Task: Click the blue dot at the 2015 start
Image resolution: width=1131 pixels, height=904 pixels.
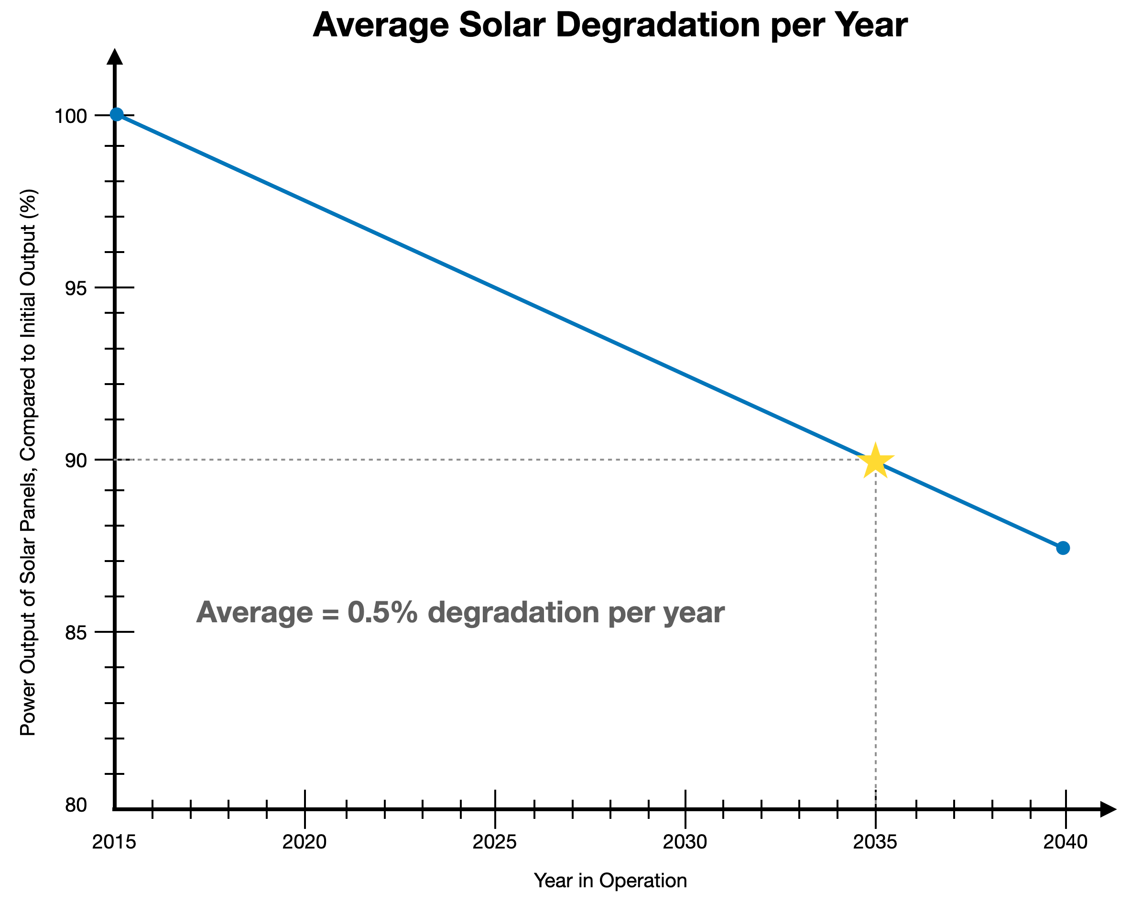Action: tap(117, 114)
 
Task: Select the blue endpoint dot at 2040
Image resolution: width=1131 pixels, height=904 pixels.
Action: tap(1063, 548)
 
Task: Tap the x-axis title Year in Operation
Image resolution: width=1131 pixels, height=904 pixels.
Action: tap(610, 881)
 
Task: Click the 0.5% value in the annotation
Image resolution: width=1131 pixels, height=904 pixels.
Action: tap(382, 612)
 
